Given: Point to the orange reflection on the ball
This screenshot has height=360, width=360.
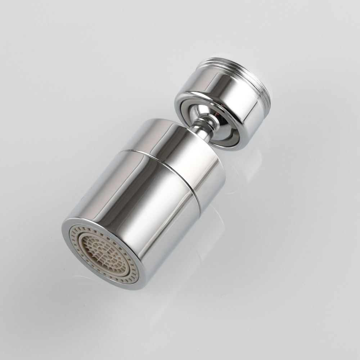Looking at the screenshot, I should point(216,114).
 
